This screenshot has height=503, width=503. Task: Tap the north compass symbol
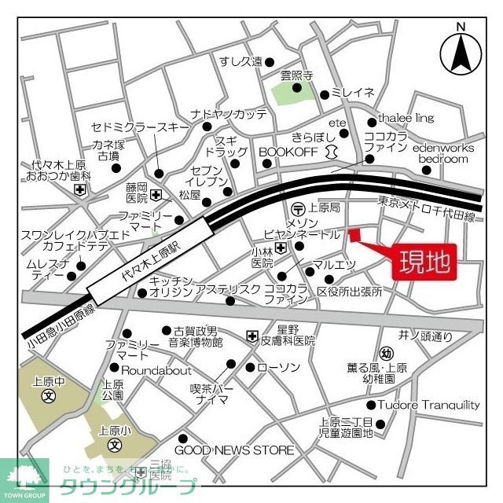click(461, 51)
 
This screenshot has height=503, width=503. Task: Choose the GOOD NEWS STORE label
click(233, 450)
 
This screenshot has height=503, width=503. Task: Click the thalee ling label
click(406, 118)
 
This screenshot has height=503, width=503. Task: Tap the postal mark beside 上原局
click(298, 208)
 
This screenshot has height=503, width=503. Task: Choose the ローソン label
click(278, 367)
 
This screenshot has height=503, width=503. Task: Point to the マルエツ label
click(334, 263)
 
